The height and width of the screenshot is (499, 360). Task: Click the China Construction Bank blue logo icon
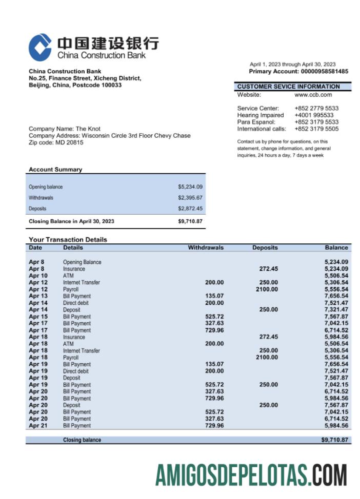pos(40,47)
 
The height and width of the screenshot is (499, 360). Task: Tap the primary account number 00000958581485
pos(325,72)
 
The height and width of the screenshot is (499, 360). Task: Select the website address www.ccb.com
pos(313,95)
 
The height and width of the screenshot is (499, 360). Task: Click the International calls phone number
pos(316,129)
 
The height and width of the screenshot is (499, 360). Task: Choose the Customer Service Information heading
pos(288,87)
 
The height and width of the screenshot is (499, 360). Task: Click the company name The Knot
pos(88,129)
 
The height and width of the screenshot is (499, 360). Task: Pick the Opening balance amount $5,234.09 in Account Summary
pos(190,187)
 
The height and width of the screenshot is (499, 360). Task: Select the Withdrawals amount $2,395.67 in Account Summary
pos(190,198)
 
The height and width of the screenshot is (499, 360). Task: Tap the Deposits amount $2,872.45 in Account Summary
pos(190,209)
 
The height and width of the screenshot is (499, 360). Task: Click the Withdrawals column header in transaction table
pos(206,247)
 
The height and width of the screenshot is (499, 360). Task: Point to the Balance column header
pos(336,247)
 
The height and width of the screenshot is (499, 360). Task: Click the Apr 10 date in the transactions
pos(38,276)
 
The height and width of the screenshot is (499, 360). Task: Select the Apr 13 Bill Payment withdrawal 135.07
pos(214,296)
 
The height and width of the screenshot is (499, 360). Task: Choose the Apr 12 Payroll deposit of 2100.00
pos(267,289)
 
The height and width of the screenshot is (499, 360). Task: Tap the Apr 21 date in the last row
pos(38,426)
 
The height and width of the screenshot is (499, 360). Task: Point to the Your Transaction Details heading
pos(68,239)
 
